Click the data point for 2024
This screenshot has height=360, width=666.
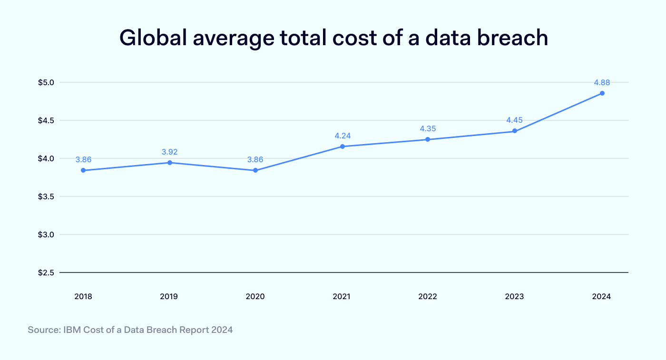click(602, 93)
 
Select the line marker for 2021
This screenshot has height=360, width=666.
click(342, 146)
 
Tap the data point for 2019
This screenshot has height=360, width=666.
click(169, 163)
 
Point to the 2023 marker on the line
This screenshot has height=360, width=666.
click(515, 131)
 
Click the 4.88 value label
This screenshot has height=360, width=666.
click(602, 82)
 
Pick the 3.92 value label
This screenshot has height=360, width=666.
click(169, 152)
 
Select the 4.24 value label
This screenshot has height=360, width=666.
click(343, 136)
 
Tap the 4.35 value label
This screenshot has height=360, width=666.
click(428, 129)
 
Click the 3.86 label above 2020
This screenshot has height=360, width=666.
click(255, 160)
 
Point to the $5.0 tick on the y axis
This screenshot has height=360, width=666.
click(47, 82)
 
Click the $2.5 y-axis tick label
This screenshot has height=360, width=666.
click(47, 273)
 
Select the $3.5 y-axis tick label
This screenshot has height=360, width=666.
click(47, 196)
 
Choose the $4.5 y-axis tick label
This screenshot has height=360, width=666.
click(47, 120)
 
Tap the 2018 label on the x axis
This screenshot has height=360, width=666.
click(83, 296)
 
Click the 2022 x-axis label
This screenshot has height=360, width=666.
click(428, 296)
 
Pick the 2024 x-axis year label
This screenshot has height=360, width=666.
click(601, 296)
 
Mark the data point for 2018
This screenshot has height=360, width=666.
click(83, 170)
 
